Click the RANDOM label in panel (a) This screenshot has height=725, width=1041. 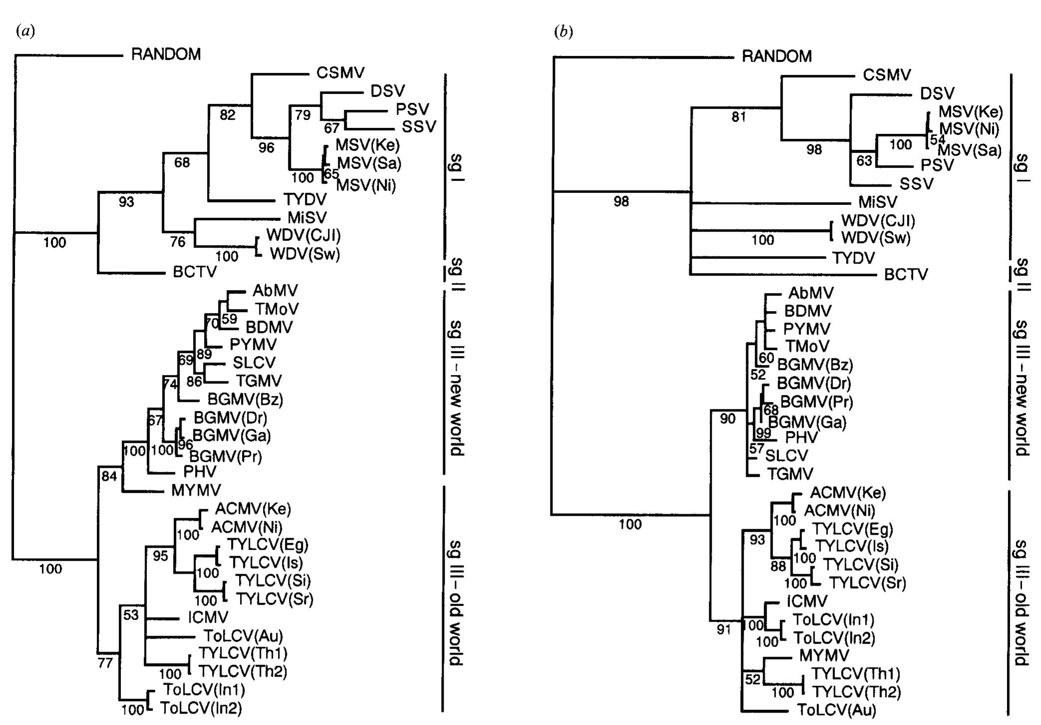[166, 54]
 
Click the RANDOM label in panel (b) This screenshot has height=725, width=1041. [777, 56]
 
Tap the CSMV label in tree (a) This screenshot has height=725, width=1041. [341, 73]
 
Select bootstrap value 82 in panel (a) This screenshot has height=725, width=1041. [227, 115]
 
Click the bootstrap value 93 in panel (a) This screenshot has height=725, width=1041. [126, 202]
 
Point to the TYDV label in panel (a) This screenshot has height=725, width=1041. [305, 200]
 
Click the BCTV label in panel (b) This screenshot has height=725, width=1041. [906, 275]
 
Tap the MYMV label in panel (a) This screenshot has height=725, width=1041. [196, 490]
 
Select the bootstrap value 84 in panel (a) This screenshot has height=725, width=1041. [109, 476]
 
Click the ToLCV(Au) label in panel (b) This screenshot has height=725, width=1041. [836, 710]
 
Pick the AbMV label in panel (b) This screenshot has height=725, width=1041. [811, 293]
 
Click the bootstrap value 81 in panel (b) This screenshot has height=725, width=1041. [739, 117]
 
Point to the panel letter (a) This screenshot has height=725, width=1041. [25, 31]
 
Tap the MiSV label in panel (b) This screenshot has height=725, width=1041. [878, 202]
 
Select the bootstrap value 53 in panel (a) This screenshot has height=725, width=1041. [131, 615]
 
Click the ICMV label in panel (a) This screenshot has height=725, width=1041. [208, 618]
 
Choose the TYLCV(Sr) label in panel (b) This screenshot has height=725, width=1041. [867, 583]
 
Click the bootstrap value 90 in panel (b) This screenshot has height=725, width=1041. [728, 419]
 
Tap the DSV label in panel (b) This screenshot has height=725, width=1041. [937, 93]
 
